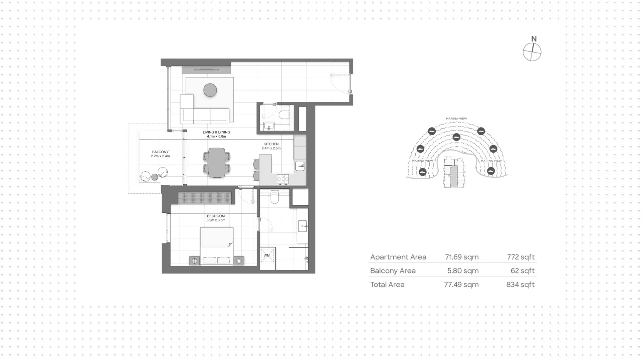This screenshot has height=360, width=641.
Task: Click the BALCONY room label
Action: (x=160, y=152)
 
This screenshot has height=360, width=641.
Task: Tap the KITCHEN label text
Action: (x=271, y=144)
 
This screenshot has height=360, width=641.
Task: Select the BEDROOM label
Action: (x=216, y=216)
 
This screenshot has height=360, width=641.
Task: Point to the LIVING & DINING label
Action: (x=216, y=132)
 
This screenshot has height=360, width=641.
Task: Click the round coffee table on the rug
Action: (x=210, y=90)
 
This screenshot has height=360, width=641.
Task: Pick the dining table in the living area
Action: (x=217, y=163)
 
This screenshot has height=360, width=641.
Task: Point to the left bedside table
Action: (x=195, y=260)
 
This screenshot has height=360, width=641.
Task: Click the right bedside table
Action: (x=239, y=260)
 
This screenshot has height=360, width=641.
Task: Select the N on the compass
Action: (x=534, y=39)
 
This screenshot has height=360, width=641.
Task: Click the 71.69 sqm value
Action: (x=462, y=257)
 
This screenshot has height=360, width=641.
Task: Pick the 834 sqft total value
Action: (x=520, y=285)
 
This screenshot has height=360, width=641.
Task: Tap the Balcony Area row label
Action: (x=393, y=271)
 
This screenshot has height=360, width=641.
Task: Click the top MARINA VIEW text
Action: (x=457, y=119)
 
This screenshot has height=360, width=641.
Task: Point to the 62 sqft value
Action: (x=522, y=271)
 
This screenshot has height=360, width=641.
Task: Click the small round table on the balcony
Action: (x=155, y=177)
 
